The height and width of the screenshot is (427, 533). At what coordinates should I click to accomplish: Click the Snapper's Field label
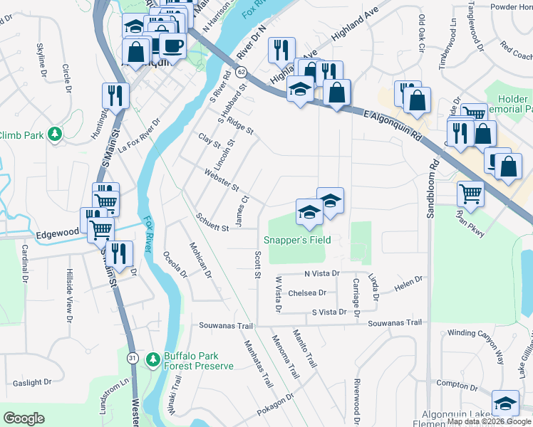pyautogui.click(x=297, y=240)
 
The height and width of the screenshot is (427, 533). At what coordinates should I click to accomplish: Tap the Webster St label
pyautogui.click(x=221, y=179)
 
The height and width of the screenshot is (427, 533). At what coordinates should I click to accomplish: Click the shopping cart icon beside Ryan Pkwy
pyautogui.click(x=470, y=192)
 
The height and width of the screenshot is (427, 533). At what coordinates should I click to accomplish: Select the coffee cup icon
pyautogui.click(x=172, y=46)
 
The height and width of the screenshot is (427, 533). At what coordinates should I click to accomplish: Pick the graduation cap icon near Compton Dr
pyautogui.click(x=505, y=404)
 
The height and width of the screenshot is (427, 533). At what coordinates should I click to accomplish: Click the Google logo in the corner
pyautogui.click(x=24, y=418)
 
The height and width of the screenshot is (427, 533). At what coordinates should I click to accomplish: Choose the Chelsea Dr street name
pyautogui.click(x=307, y=292)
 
